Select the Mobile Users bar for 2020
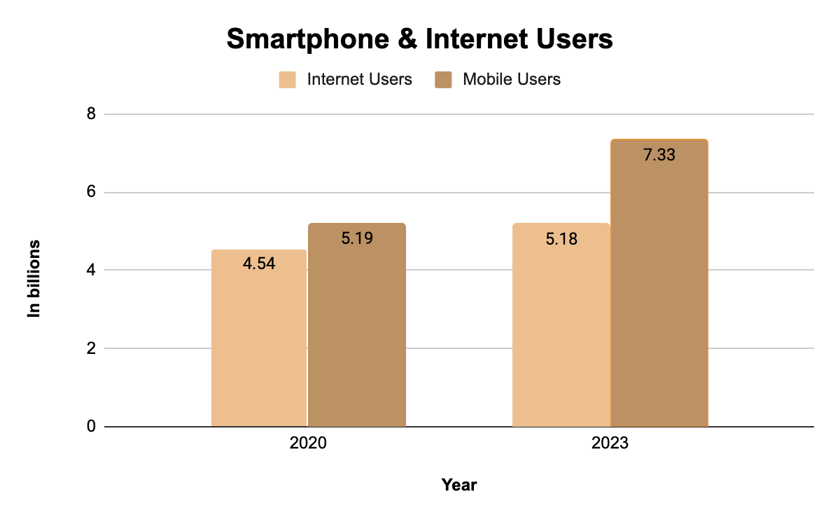(x=357, y=329)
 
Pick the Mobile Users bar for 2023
(x=659, y=294)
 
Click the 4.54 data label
(x=259, y=265)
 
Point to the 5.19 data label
(x=357, y=238)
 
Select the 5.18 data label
(x=561, y=239)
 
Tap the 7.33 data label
(x=659, y=155)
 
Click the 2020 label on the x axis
(x=308, y=444)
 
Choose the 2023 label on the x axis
(x=610, y=444)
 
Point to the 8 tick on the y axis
(x=90, y=114)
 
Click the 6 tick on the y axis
(x=90, y=192)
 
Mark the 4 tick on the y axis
(x=90, y=270)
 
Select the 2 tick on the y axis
(x=90, y=348)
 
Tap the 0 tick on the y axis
(x=90, y=426)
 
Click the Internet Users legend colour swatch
(x=288, y=79)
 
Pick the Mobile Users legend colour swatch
(x=444, y=79)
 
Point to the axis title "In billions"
(x=34, y=279)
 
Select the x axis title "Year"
(x=459, y=484)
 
